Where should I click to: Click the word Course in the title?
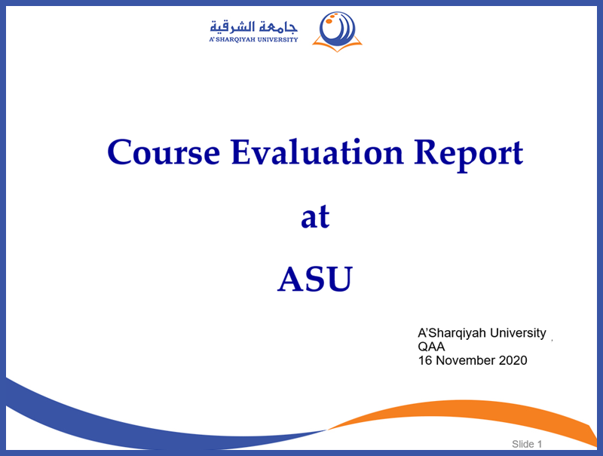click(x=164, y=153)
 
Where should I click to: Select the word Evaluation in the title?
click(x=317, y=152)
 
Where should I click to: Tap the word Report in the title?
click(x=468, y=156)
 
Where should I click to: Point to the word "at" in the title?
click(x=315, y=217)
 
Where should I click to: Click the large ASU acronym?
click(x=315, y=279)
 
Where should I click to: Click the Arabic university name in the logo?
click(x=253, y=27)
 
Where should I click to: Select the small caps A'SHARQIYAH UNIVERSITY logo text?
click(x=253, y=39)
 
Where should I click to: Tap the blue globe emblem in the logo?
click(x=337, y=29)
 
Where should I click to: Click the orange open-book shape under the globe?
click(x=337, y=45)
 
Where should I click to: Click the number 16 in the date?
click(x=425, y=360)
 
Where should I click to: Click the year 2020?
click(x=513, y=360)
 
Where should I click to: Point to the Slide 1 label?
click(x=527, y=444)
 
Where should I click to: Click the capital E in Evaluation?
click(x=241, y=152)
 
